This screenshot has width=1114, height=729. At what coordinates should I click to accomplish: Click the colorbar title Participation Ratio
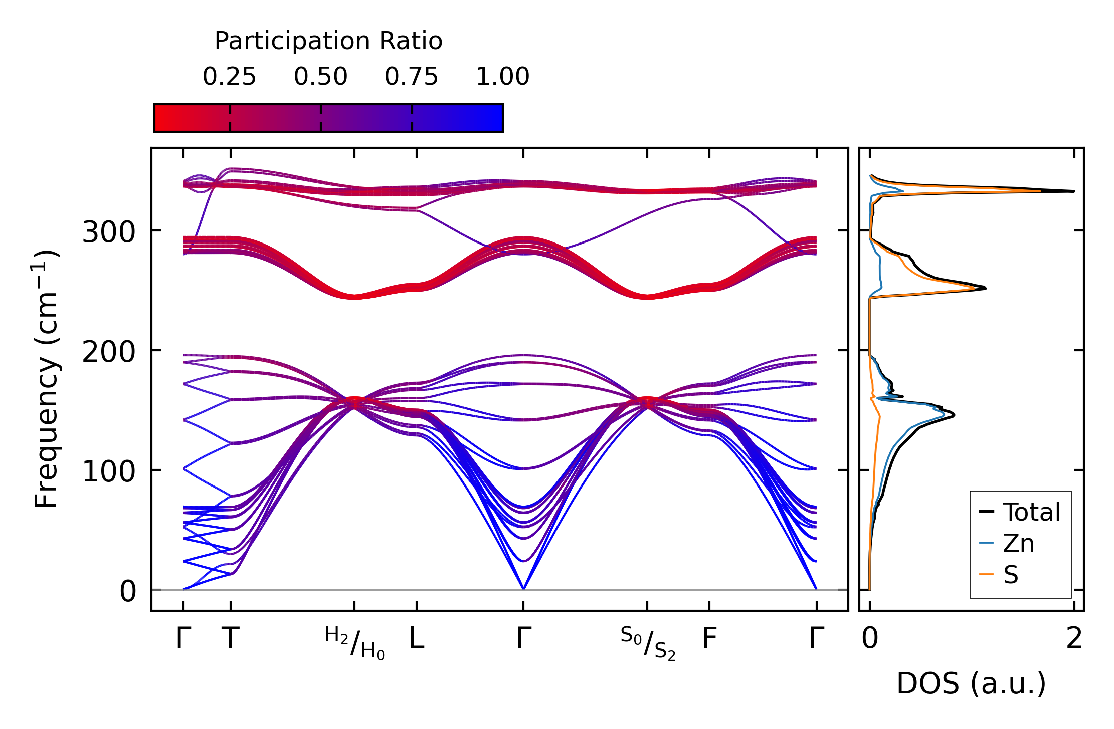328,41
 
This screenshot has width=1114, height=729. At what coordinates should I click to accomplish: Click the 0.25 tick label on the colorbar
229,77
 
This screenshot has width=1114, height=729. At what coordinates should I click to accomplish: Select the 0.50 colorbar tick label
320,77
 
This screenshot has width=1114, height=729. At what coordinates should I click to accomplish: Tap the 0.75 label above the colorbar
411,77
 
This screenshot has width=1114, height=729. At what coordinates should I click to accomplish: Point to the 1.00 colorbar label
502,77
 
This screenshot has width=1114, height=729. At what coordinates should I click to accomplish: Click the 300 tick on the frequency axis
109,232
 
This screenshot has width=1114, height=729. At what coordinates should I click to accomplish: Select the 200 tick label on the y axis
109,352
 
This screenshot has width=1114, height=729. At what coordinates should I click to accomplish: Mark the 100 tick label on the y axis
109,472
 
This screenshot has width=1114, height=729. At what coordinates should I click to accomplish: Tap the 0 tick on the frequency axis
128,592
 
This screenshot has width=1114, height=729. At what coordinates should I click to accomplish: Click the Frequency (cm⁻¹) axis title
47,379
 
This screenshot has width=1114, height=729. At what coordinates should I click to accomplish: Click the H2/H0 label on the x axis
355,643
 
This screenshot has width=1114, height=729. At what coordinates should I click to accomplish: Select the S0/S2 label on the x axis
648,643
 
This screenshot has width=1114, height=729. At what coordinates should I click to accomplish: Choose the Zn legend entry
1018,543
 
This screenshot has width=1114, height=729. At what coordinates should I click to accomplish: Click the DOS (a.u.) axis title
971,684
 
